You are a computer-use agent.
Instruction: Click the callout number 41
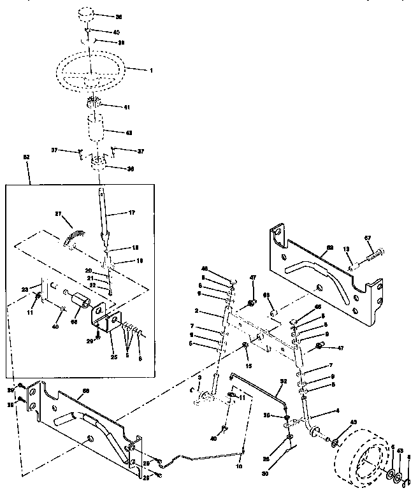tap(127, 107)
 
